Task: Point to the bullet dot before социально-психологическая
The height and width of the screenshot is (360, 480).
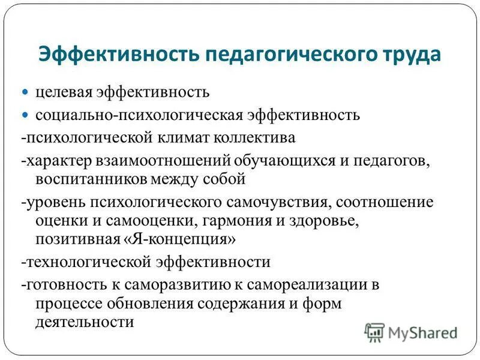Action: [x=25, y=114]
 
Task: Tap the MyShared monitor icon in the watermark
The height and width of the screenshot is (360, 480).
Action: [x=375, y=331]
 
